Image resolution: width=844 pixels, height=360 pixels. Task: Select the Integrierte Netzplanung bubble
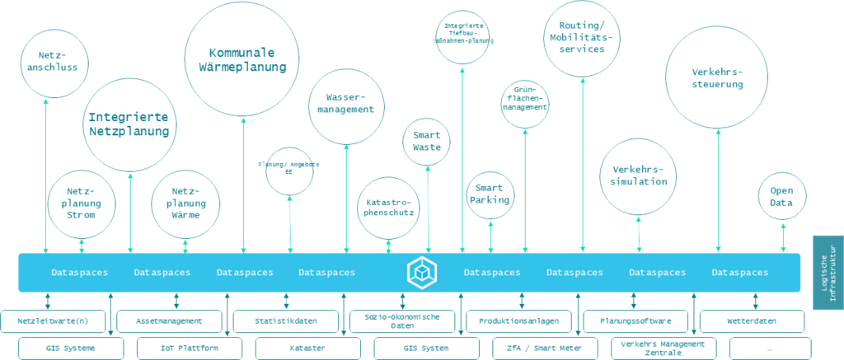[129, 124]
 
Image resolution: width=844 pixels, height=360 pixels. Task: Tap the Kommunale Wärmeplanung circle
[242, 59]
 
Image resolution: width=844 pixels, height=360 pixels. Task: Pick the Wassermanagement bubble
[345, 104]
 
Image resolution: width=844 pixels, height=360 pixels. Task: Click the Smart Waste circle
[427, 142]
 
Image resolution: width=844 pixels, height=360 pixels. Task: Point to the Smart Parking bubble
[490, 194]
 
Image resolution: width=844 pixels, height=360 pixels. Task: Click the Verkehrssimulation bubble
[638, 176]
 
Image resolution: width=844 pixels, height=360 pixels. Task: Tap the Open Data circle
[781, 196]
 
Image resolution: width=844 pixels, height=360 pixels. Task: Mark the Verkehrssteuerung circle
[717, 77]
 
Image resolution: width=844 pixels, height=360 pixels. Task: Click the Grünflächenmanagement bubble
[525, 102]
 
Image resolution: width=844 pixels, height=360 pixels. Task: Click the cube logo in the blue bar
[421, 272]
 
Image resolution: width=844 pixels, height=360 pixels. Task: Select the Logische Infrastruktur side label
[828, 272]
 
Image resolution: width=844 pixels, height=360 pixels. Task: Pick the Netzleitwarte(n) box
[53, 320]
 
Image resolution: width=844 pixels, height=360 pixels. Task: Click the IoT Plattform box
[189, 348]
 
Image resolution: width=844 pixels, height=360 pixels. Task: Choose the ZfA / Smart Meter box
[544, 348]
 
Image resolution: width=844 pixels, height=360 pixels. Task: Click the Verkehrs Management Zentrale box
[663, 348]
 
